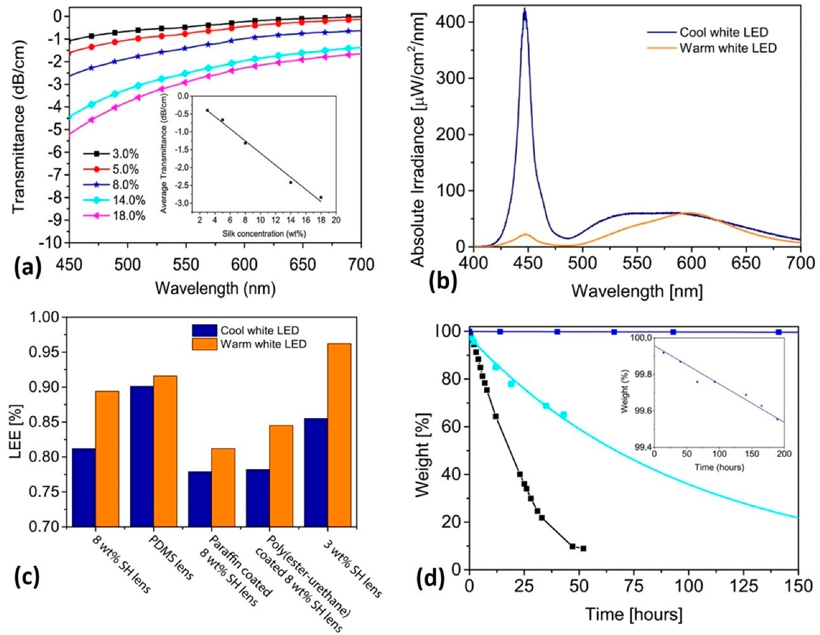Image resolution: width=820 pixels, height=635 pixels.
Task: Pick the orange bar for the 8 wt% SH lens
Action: tap(107, 458)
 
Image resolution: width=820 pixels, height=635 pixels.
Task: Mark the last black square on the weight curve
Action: tap(583, 548)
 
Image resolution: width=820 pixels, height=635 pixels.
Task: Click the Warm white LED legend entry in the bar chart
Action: tap(263, 344)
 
